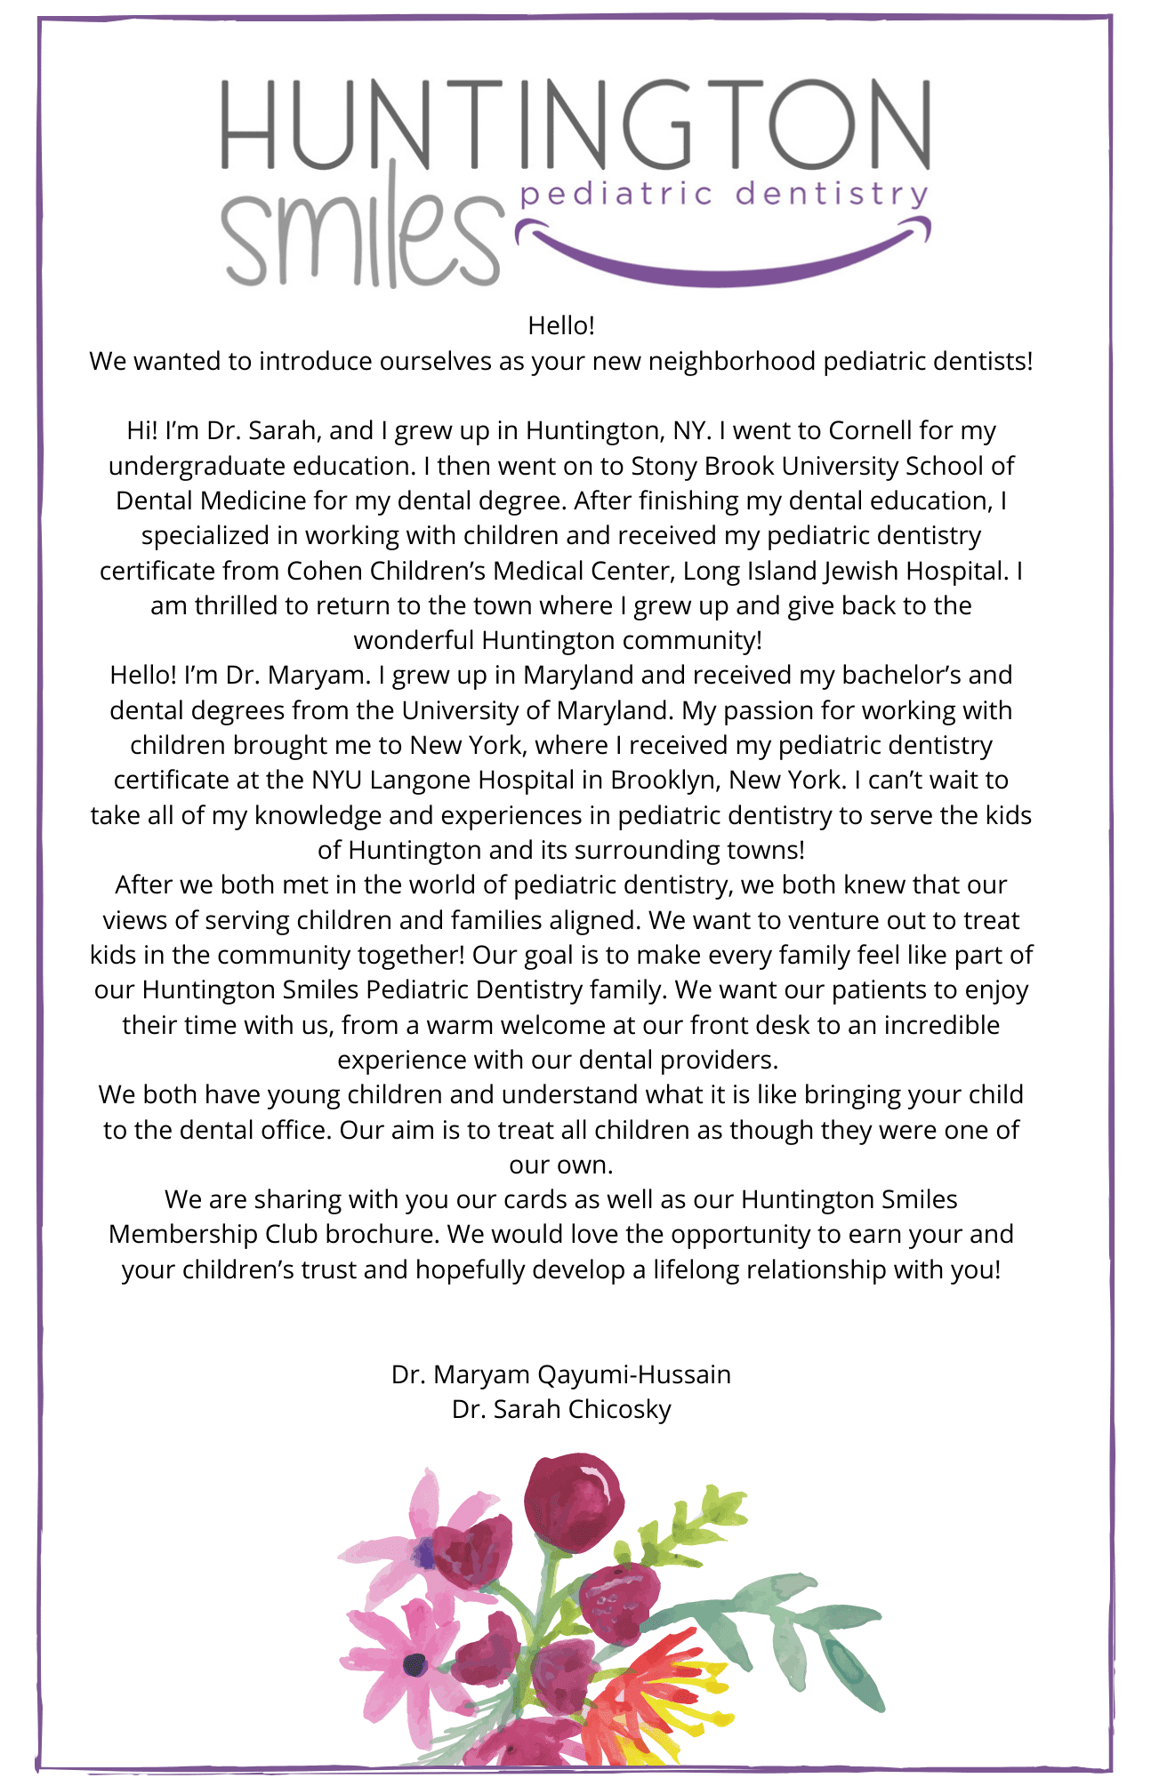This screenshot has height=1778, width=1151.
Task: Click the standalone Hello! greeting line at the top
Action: (561, 325)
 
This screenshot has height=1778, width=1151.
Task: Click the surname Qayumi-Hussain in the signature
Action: (634, 1374)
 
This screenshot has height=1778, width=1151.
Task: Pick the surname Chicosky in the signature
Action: (620, 1409)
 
